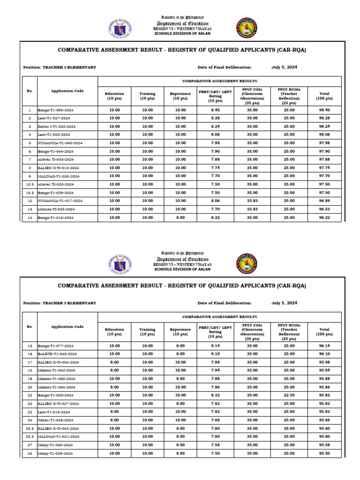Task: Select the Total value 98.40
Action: (324, 110)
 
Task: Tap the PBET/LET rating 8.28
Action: (215, 118)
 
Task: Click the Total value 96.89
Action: (324, 201)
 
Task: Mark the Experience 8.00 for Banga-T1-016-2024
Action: (180, 217)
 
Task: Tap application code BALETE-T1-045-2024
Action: (57, 354)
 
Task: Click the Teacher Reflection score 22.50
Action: (289, 395)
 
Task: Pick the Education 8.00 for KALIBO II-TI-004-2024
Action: (114, 362)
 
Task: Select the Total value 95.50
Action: (324, 453)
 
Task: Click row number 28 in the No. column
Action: (29, 453)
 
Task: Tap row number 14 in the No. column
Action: (29, 217)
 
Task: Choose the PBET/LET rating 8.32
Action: (215, 395)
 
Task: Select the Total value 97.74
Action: (324, 168)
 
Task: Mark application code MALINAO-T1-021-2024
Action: (59, 436)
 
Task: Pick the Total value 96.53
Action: (324, 209)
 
